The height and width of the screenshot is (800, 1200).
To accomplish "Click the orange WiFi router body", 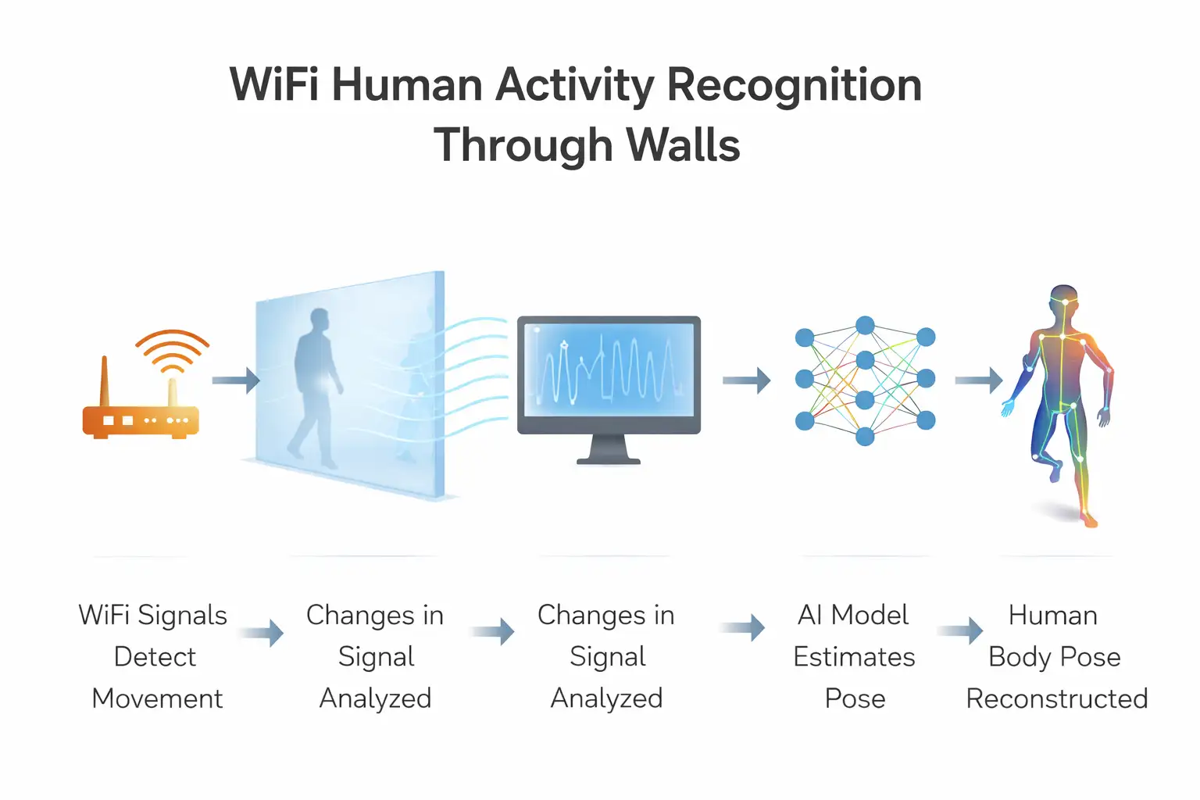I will [141, 420].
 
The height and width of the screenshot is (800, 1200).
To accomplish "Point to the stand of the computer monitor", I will [609, 449].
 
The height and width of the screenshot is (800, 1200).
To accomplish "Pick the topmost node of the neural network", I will [865, 325].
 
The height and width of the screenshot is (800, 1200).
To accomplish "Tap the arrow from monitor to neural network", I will [746, 380].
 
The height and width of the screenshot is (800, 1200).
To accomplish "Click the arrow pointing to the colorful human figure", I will [978, 380].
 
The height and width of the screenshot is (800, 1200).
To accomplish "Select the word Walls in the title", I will [683, 145].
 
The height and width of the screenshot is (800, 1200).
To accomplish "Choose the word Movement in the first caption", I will [157, 698].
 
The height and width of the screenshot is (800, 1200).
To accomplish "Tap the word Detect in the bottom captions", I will [155, 656].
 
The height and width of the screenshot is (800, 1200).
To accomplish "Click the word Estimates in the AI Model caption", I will [854, 656].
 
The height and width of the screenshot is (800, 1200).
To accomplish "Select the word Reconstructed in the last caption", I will [1056, 698].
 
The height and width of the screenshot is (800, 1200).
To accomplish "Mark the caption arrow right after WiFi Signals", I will [262, 632].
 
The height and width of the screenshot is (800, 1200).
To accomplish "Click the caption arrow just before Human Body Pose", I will [960, 630].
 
